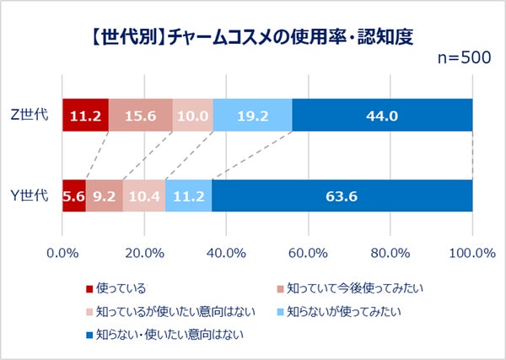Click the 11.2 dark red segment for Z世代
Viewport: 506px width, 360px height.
point(85,116)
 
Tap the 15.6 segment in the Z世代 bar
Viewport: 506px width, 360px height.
point(140,116)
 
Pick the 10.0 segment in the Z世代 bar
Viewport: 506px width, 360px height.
point(192,116)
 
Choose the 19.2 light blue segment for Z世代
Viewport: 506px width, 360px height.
point(252,116)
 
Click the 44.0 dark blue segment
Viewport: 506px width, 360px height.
point(382,116)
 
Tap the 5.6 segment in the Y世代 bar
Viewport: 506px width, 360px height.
point(74,196)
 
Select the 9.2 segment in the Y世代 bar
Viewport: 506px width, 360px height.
point(104,196)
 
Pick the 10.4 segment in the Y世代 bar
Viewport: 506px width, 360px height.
point(144,196)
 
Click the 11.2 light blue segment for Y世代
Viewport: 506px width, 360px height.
point(188,196)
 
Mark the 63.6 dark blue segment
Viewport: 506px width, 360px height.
point(342,196)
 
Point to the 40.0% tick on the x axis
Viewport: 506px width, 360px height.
point(226,252)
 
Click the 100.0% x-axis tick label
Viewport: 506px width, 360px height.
point(471,252)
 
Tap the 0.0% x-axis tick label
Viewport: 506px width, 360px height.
point(62,252)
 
